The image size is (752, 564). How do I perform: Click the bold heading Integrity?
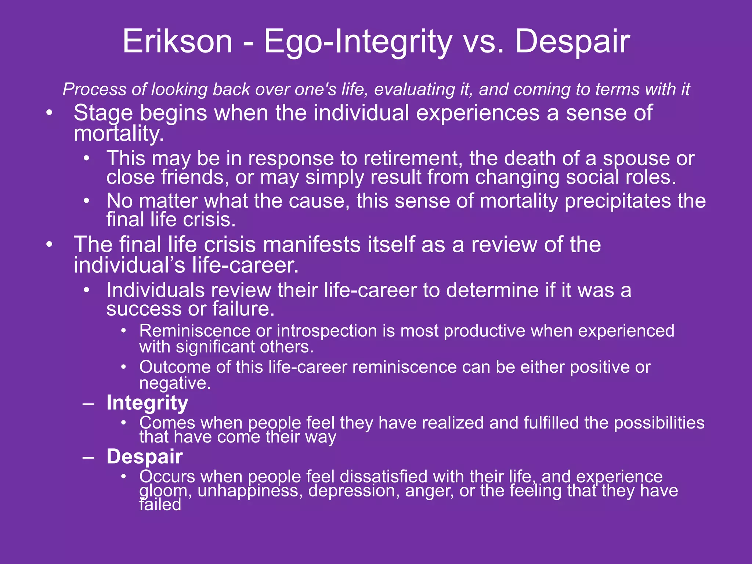click(x=147, y=403)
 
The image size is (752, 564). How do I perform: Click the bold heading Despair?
click(x=145, y=456)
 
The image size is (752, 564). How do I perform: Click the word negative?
click(x=175, y=383)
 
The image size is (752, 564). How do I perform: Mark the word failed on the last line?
click(x=160, y=505)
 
